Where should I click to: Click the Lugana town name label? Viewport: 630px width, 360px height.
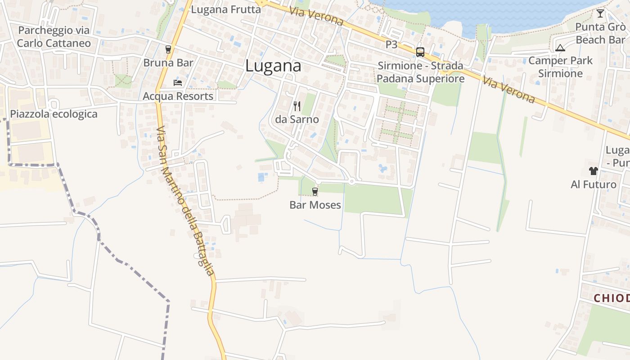(x=273, y=66)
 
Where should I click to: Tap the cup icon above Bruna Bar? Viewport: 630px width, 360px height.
(x=168, y=49)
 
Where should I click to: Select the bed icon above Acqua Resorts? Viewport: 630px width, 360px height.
(x=178, y=83)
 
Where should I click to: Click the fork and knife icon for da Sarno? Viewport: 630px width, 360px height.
(x=297, y=106)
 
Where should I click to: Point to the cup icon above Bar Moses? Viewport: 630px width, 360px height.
(x=315, y=192)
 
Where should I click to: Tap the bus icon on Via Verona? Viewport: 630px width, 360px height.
(x=420, y=52)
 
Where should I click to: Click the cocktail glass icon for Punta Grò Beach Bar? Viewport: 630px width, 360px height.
(x=600, y=13)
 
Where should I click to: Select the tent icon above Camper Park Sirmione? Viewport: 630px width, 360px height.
(x=560, y=48)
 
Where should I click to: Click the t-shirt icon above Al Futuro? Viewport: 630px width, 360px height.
(x=594, y=171)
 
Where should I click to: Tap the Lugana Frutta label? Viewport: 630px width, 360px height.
(x=226, y=9)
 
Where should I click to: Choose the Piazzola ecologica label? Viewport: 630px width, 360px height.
(x=54, y=114)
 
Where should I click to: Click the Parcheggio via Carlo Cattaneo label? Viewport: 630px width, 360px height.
(x=54, y=37)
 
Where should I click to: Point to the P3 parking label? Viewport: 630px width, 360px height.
(x=391, y=45)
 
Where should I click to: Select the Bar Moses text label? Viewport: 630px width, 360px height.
(x=315, y=206)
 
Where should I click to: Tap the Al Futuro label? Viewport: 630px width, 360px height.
(x=594, y=184)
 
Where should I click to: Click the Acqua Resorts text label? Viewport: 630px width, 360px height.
(x=178, y=96)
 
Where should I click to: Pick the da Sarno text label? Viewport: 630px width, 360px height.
(x=297, y=120)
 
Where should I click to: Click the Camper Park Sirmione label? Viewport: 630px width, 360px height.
(x=560, y=67)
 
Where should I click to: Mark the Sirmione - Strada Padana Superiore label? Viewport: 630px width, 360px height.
(x=420, y=72)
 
